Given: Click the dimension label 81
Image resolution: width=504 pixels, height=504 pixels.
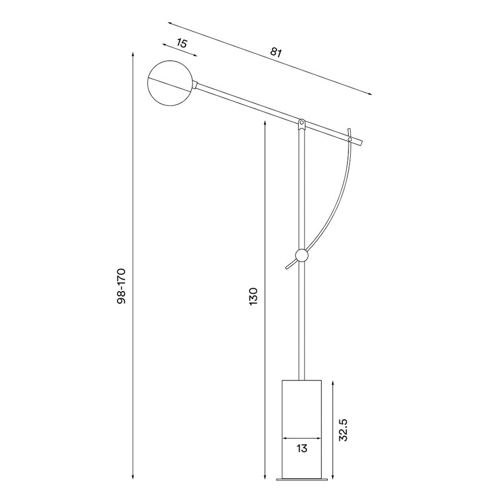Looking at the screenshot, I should click(x=276, y=53).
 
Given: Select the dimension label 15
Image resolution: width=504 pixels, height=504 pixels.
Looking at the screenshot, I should click(x=182, y=43).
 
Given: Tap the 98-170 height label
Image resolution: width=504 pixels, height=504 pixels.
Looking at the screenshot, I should click(x=121, y=286).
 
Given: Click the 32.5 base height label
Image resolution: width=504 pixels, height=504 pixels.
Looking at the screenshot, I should click(x=343, y=429).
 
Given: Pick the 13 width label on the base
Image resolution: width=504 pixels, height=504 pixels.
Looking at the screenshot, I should click(x=302, y=448).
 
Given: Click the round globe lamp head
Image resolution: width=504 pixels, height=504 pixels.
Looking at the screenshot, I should click(x=169, y=83).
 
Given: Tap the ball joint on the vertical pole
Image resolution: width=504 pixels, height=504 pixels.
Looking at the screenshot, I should click(x=302, y=255).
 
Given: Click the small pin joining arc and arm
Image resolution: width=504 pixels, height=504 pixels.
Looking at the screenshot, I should click(x=350, y=140).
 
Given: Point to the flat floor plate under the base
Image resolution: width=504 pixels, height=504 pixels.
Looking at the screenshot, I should click(x=302, y=479).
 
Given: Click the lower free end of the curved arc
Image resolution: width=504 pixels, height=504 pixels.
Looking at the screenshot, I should click(x=287, y=267).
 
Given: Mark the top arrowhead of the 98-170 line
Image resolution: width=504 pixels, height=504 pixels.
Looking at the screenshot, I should click(x=133, y=55).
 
